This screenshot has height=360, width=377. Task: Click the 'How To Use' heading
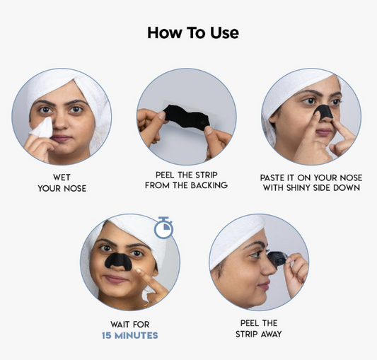[193, 33]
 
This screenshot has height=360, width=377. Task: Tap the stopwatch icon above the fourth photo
[163, 227]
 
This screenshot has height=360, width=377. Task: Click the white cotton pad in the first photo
[42, 128]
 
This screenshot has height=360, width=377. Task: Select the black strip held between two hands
[187, 117]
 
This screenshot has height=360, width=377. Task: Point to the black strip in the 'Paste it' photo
[324, 112]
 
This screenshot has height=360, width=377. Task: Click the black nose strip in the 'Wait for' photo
[118, 261]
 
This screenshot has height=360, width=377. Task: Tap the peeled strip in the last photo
[278, 259]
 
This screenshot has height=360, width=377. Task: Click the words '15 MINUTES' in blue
[130, 335]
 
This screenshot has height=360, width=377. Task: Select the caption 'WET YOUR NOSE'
[62, 182]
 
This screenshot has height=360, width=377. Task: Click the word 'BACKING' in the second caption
[209, 185]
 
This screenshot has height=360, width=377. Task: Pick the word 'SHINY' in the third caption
[298, 187]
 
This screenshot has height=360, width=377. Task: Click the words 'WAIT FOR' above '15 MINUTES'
[130, 325]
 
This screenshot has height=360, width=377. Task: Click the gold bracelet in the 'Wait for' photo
[146, 305]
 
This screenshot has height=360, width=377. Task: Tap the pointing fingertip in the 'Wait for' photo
[138, 271]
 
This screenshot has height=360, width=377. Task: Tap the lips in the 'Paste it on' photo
[324, 132]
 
